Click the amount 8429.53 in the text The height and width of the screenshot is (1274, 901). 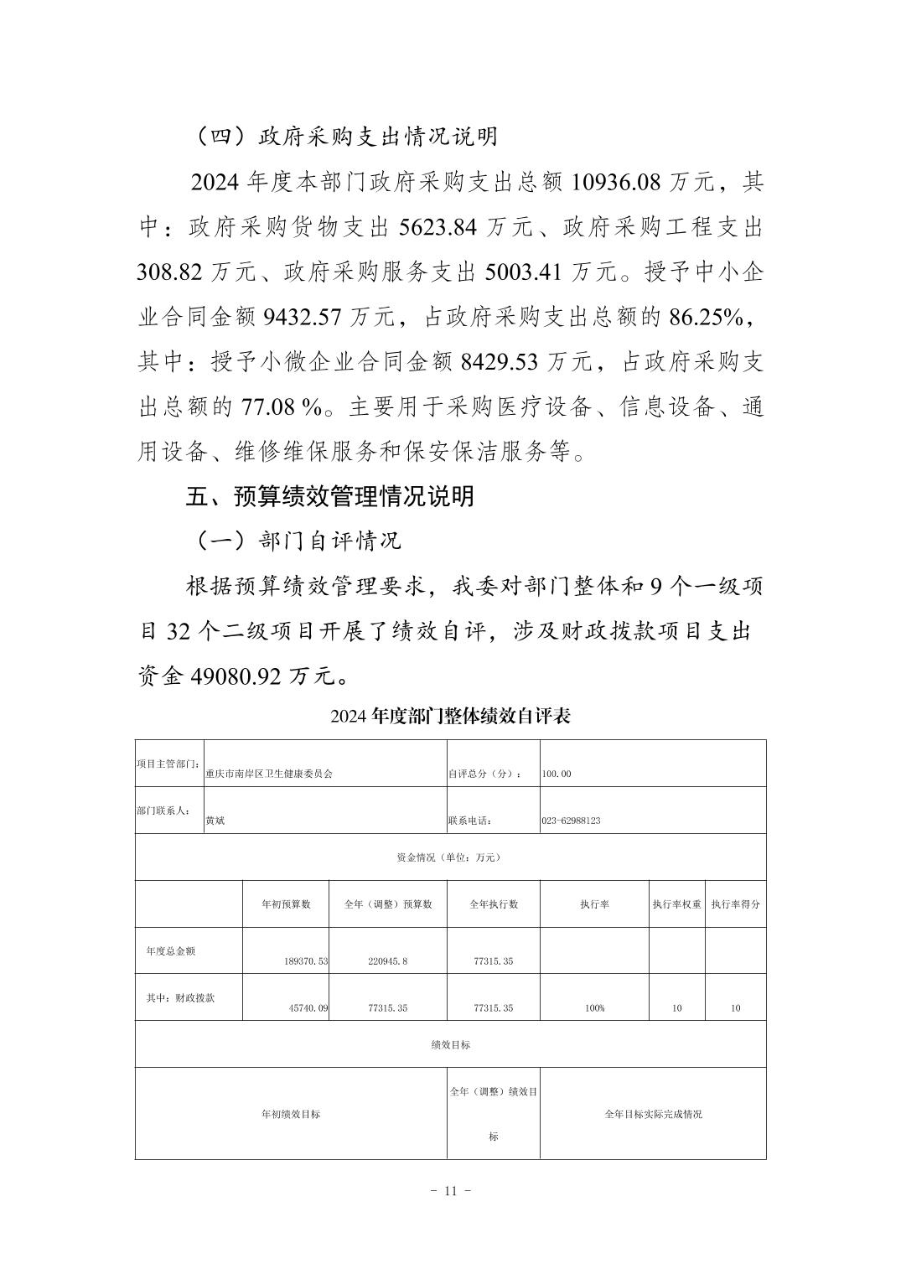point(500,362)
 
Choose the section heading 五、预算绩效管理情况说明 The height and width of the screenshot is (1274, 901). point(329,496)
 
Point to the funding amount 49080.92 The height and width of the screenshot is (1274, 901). point(231,676)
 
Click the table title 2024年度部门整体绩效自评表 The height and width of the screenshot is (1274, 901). point(450,717)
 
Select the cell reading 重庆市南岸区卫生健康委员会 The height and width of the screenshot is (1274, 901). point(269,774)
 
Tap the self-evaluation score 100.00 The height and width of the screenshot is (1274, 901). point(557,774)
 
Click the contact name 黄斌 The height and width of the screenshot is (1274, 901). point(215,821)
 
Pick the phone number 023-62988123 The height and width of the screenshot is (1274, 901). point(571,821)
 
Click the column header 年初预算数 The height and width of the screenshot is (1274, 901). point(286,904)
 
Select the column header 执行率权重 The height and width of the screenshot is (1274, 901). point(676,904)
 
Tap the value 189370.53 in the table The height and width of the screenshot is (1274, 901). point(306,961)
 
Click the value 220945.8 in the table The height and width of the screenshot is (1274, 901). point(387,961)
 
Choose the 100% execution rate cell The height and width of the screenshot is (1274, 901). point(594,1008)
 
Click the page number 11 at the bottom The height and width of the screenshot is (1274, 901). point(450,1191)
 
